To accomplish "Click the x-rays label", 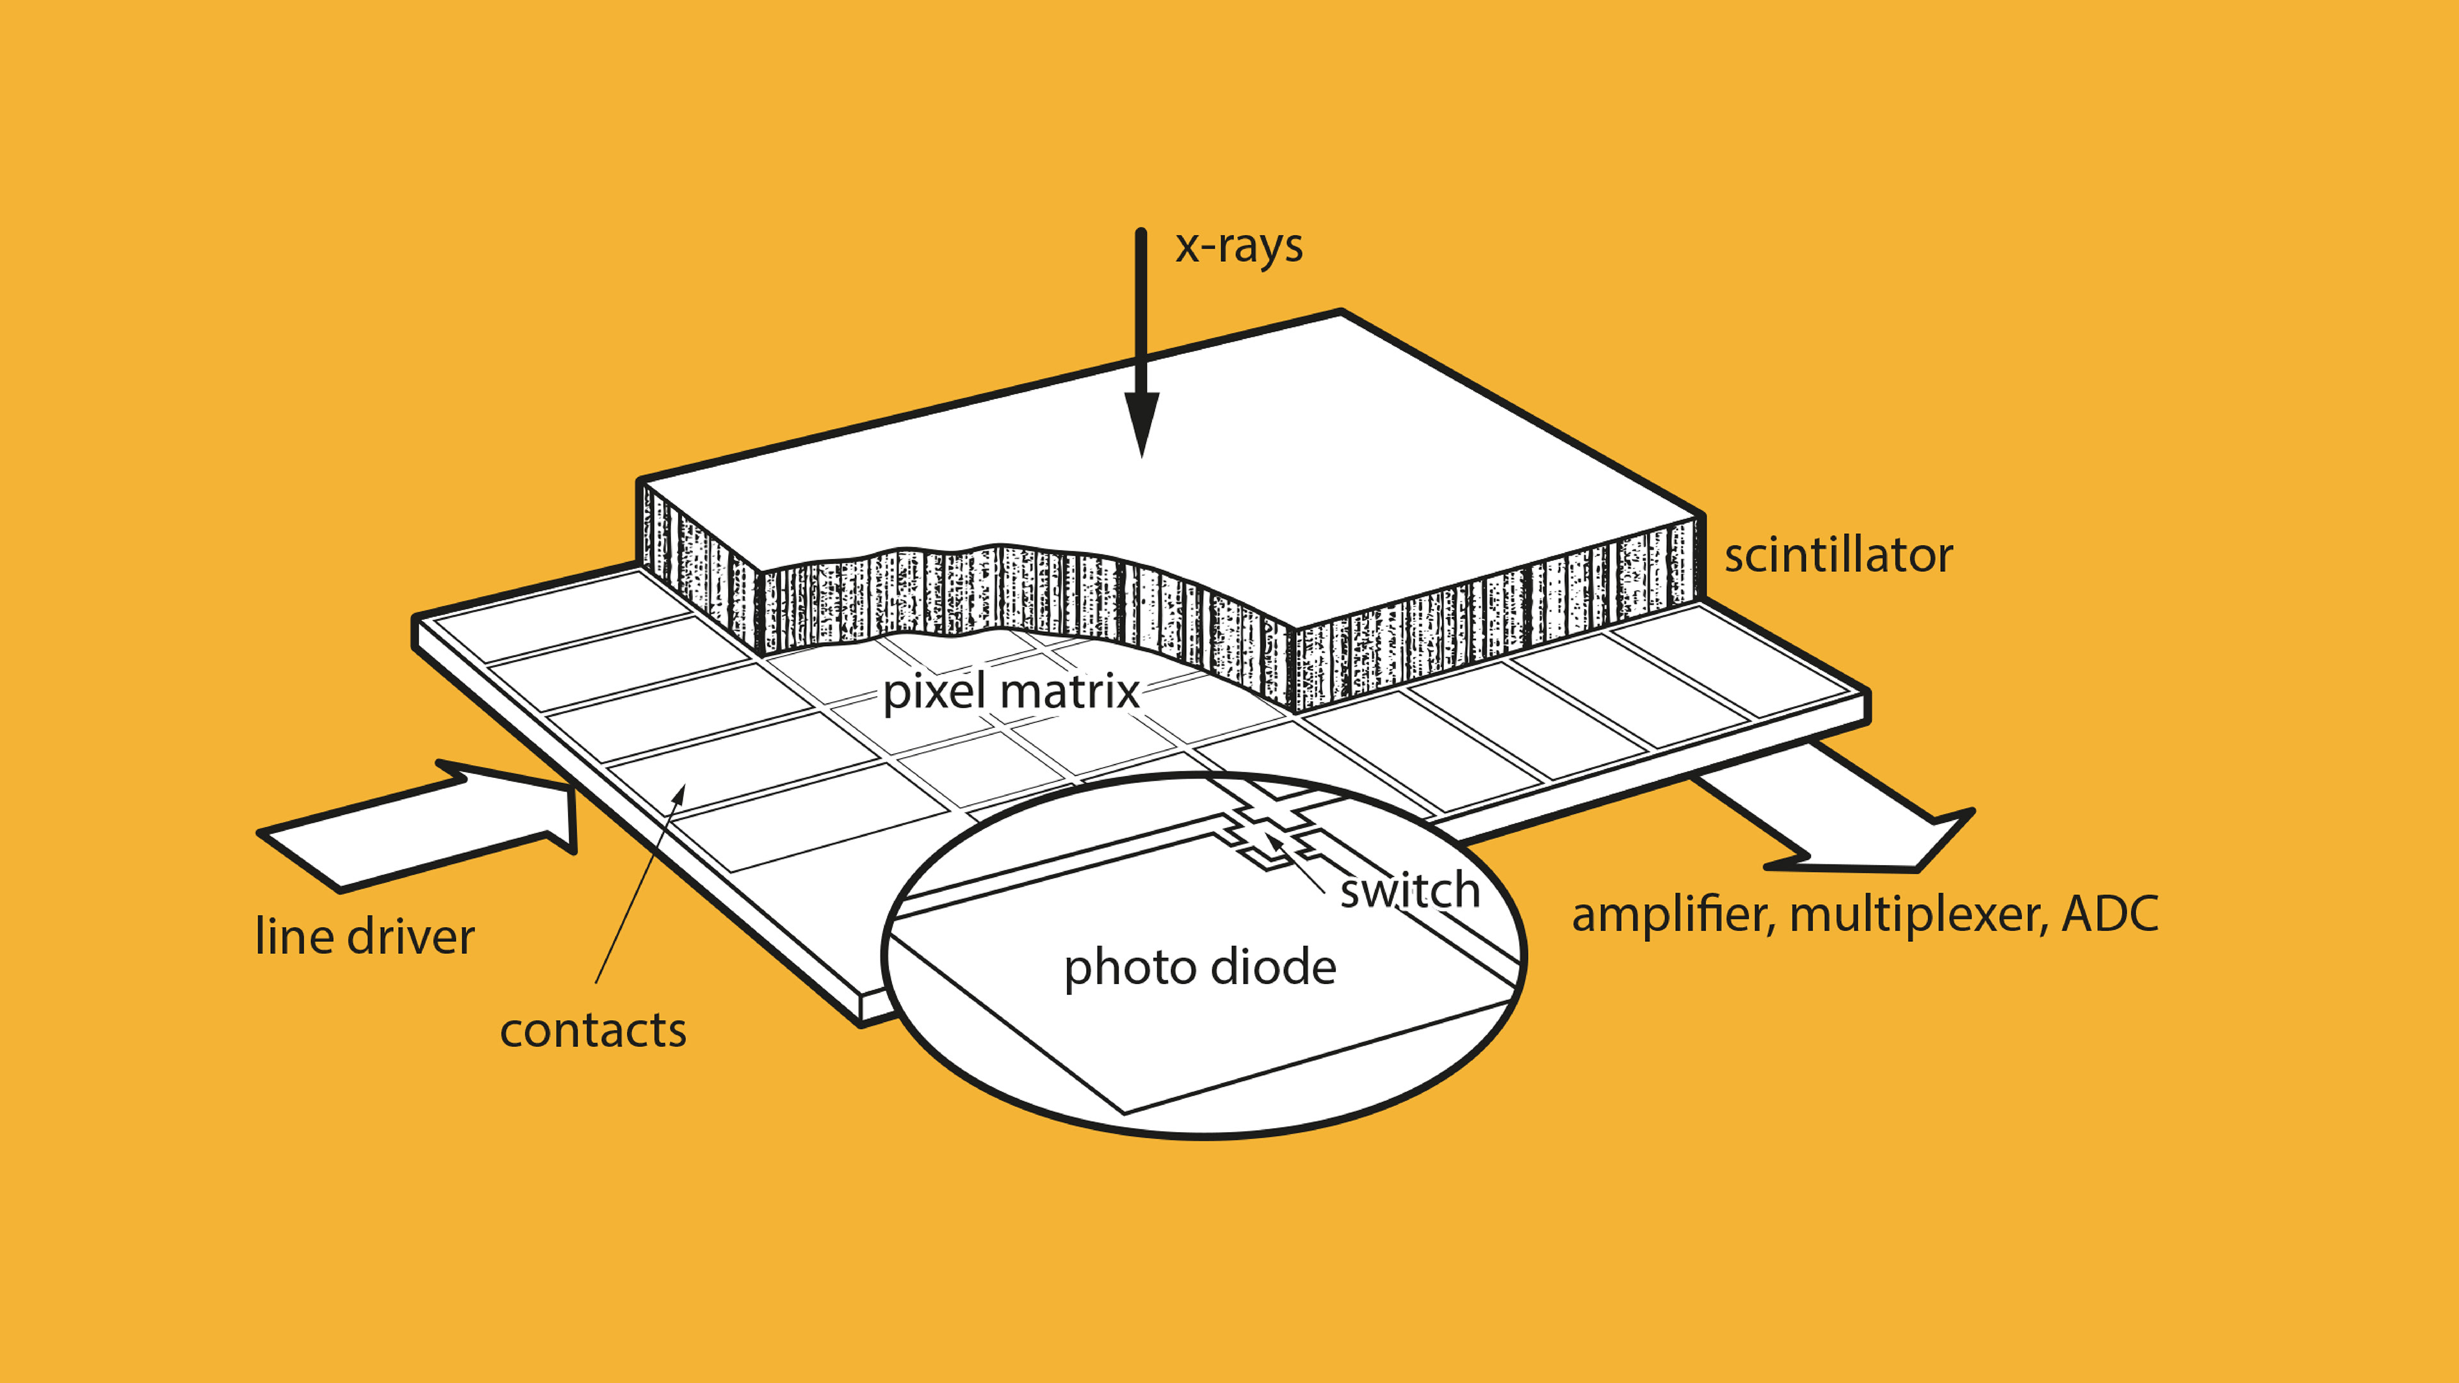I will [1238, 247].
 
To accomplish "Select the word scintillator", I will [1838, 556].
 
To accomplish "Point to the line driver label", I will [364, 936].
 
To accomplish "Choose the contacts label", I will [593, 1030].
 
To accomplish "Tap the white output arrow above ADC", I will [1842, 821].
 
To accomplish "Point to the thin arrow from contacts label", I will [638, 887].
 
